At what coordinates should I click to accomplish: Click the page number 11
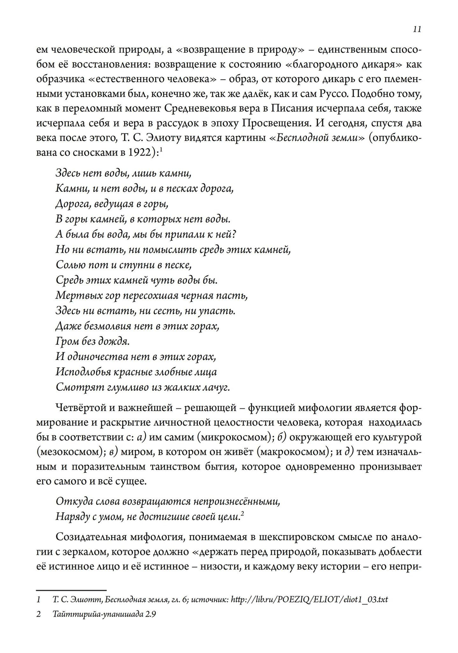416,29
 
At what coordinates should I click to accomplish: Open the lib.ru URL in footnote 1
309,599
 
